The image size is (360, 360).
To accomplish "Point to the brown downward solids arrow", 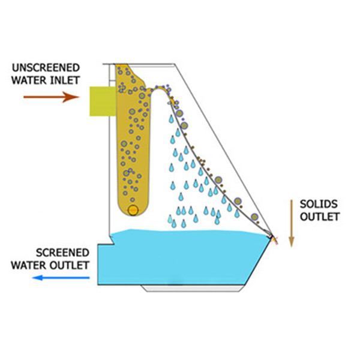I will (x=291, y=223).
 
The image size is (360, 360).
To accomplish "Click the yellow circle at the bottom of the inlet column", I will (x=133, y=209).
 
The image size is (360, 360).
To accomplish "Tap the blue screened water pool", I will (x=180, y=258).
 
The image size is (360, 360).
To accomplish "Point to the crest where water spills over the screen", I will (x=160, y=88).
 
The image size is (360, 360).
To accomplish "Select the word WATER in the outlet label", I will (x=35, y=263).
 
